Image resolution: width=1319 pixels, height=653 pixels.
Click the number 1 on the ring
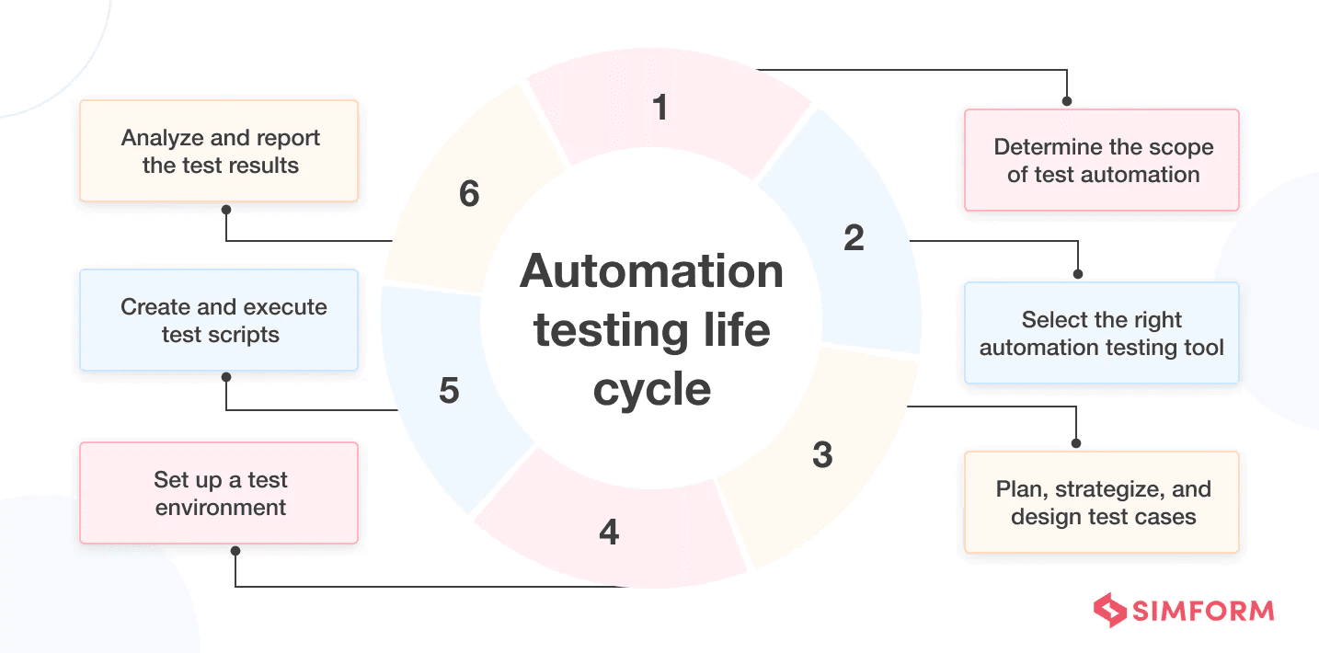click(x=659, y=109)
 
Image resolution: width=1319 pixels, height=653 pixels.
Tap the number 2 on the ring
click(x=854, y=238)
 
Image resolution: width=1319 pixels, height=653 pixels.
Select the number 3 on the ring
click(x=822, y=454)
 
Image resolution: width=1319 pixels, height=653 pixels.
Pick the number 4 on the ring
click(x=609, y=532)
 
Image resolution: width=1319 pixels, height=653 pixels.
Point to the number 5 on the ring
click(x=449, y=391)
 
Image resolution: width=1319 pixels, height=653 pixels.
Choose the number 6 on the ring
click(x=469, y=195)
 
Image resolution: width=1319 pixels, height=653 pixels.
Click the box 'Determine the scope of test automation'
click(x=1102, y=161)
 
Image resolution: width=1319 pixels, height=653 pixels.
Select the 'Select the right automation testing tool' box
click(x=1102, y=333)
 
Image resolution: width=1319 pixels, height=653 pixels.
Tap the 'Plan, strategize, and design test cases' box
click(x=1102, y=502)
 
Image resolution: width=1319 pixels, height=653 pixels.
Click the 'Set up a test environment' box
click(x=219, y=493)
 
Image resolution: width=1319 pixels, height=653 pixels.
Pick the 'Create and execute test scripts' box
click(x=219, y=320)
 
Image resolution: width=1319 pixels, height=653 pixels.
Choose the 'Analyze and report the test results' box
click(x=219, y=152)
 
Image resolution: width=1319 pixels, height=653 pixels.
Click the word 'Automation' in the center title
click(x=651, y=272)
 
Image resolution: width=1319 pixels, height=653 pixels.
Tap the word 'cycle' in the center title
click(x=651, y=388)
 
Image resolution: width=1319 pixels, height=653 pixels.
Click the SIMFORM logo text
click(x=1203, y=611)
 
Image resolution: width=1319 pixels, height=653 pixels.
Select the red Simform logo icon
click(x=1109, y=610)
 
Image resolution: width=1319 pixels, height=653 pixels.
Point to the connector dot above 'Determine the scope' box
click(x=1067, y=101)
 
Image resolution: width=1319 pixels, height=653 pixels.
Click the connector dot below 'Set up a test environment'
click(x=235, y=551)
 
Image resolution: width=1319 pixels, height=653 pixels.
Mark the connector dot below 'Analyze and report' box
click(x=226, y=210)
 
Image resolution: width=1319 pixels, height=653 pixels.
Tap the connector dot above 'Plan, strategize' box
click(x=1076, y=443)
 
